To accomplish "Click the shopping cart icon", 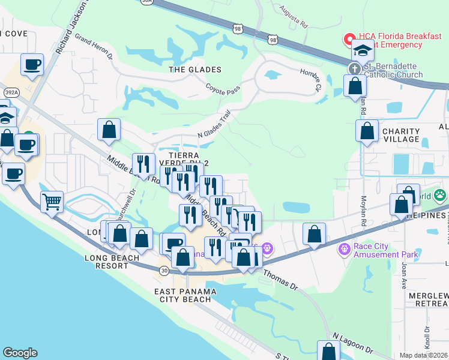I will [52, 202].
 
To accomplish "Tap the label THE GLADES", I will [195, 70].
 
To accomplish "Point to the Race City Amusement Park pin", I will [345, 248].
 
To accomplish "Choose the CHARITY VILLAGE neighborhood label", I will [400, 135].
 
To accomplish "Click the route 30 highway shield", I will [164, 271].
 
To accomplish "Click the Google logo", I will [20, 353].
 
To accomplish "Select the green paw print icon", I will [441, 194].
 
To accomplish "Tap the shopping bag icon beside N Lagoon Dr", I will [328, 351].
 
